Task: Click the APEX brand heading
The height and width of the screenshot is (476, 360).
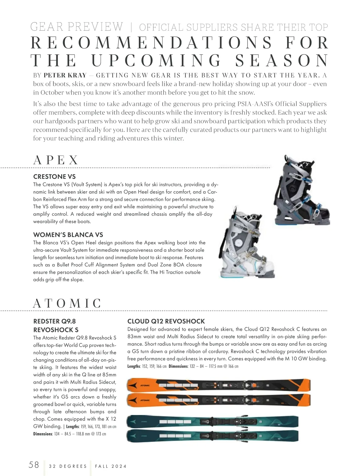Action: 56,160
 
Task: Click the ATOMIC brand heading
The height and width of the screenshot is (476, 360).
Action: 67,303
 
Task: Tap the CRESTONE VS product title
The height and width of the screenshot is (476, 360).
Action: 54,176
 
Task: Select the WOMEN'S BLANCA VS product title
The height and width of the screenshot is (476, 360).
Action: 68,235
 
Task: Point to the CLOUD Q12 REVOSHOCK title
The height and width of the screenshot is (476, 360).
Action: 166,321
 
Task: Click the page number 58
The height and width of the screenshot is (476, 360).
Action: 34,465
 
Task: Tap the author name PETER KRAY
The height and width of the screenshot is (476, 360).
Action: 65,75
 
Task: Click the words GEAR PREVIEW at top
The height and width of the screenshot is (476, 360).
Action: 77,27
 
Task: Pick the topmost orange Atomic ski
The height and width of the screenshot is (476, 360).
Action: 219,385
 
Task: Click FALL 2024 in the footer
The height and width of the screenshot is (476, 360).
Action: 111,466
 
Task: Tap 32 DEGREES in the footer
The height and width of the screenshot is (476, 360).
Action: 68,466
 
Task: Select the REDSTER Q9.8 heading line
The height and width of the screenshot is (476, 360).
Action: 54,321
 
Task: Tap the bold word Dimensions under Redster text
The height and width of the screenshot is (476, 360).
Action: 43,434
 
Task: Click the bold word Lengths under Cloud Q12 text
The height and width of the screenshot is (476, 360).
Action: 133,366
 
